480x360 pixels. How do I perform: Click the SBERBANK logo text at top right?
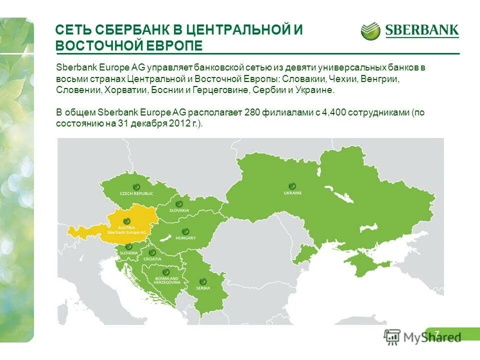421,30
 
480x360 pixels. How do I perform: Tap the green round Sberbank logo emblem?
370,30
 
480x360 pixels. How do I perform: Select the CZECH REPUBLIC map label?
136,193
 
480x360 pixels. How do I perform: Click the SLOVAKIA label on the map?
179,210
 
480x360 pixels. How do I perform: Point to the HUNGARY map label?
185,238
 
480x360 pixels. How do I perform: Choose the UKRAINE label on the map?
292,192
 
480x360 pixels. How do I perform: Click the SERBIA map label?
203,288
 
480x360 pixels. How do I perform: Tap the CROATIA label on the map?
152,259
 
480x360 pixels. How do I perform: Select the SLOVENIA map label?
128,253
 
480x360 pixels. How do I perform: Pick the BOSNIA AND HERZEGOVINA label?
167,280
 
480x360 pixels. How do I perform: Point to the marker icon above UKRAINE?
292,185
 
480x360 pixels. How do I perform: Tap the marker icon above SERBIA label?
203,281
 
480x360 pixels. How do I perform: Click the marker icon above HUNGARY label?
185,231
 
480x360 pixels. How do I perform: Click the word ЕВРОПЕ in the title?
173,45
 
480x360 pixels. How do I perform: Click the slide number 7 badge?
437,334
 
